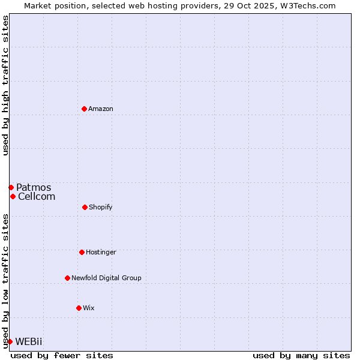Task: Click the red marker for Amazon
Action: (84, 109)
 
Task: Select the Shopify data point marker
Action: (85, 207)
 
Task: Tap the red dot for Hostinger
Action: (82, 252)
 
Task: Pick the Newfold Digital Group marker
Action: (67, 278)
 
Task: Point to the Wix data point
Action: (79, 308)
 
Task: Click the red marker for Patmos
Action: (11, 187)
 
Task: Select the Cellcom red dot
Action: (13, 196)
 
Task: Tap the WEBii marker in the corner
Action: (10, 341)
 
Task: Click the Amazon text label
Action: (101, 109)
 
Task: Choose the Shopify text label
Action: (101, 207)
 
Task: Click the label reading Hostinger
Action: (101, 252)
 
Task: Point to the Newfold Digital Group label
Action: (106, 278)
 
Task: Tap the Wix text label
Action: (89, 308)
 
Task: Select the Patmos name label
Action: (34, 187)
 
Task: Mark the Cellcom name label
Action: (37, 196)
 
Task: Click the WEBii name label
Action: (29, 341)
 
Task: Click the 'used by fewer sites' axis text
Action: (62, 355)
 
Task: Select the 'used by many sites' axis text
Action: (301, 355)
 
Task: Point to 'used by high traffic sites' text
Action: (5, 85)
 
